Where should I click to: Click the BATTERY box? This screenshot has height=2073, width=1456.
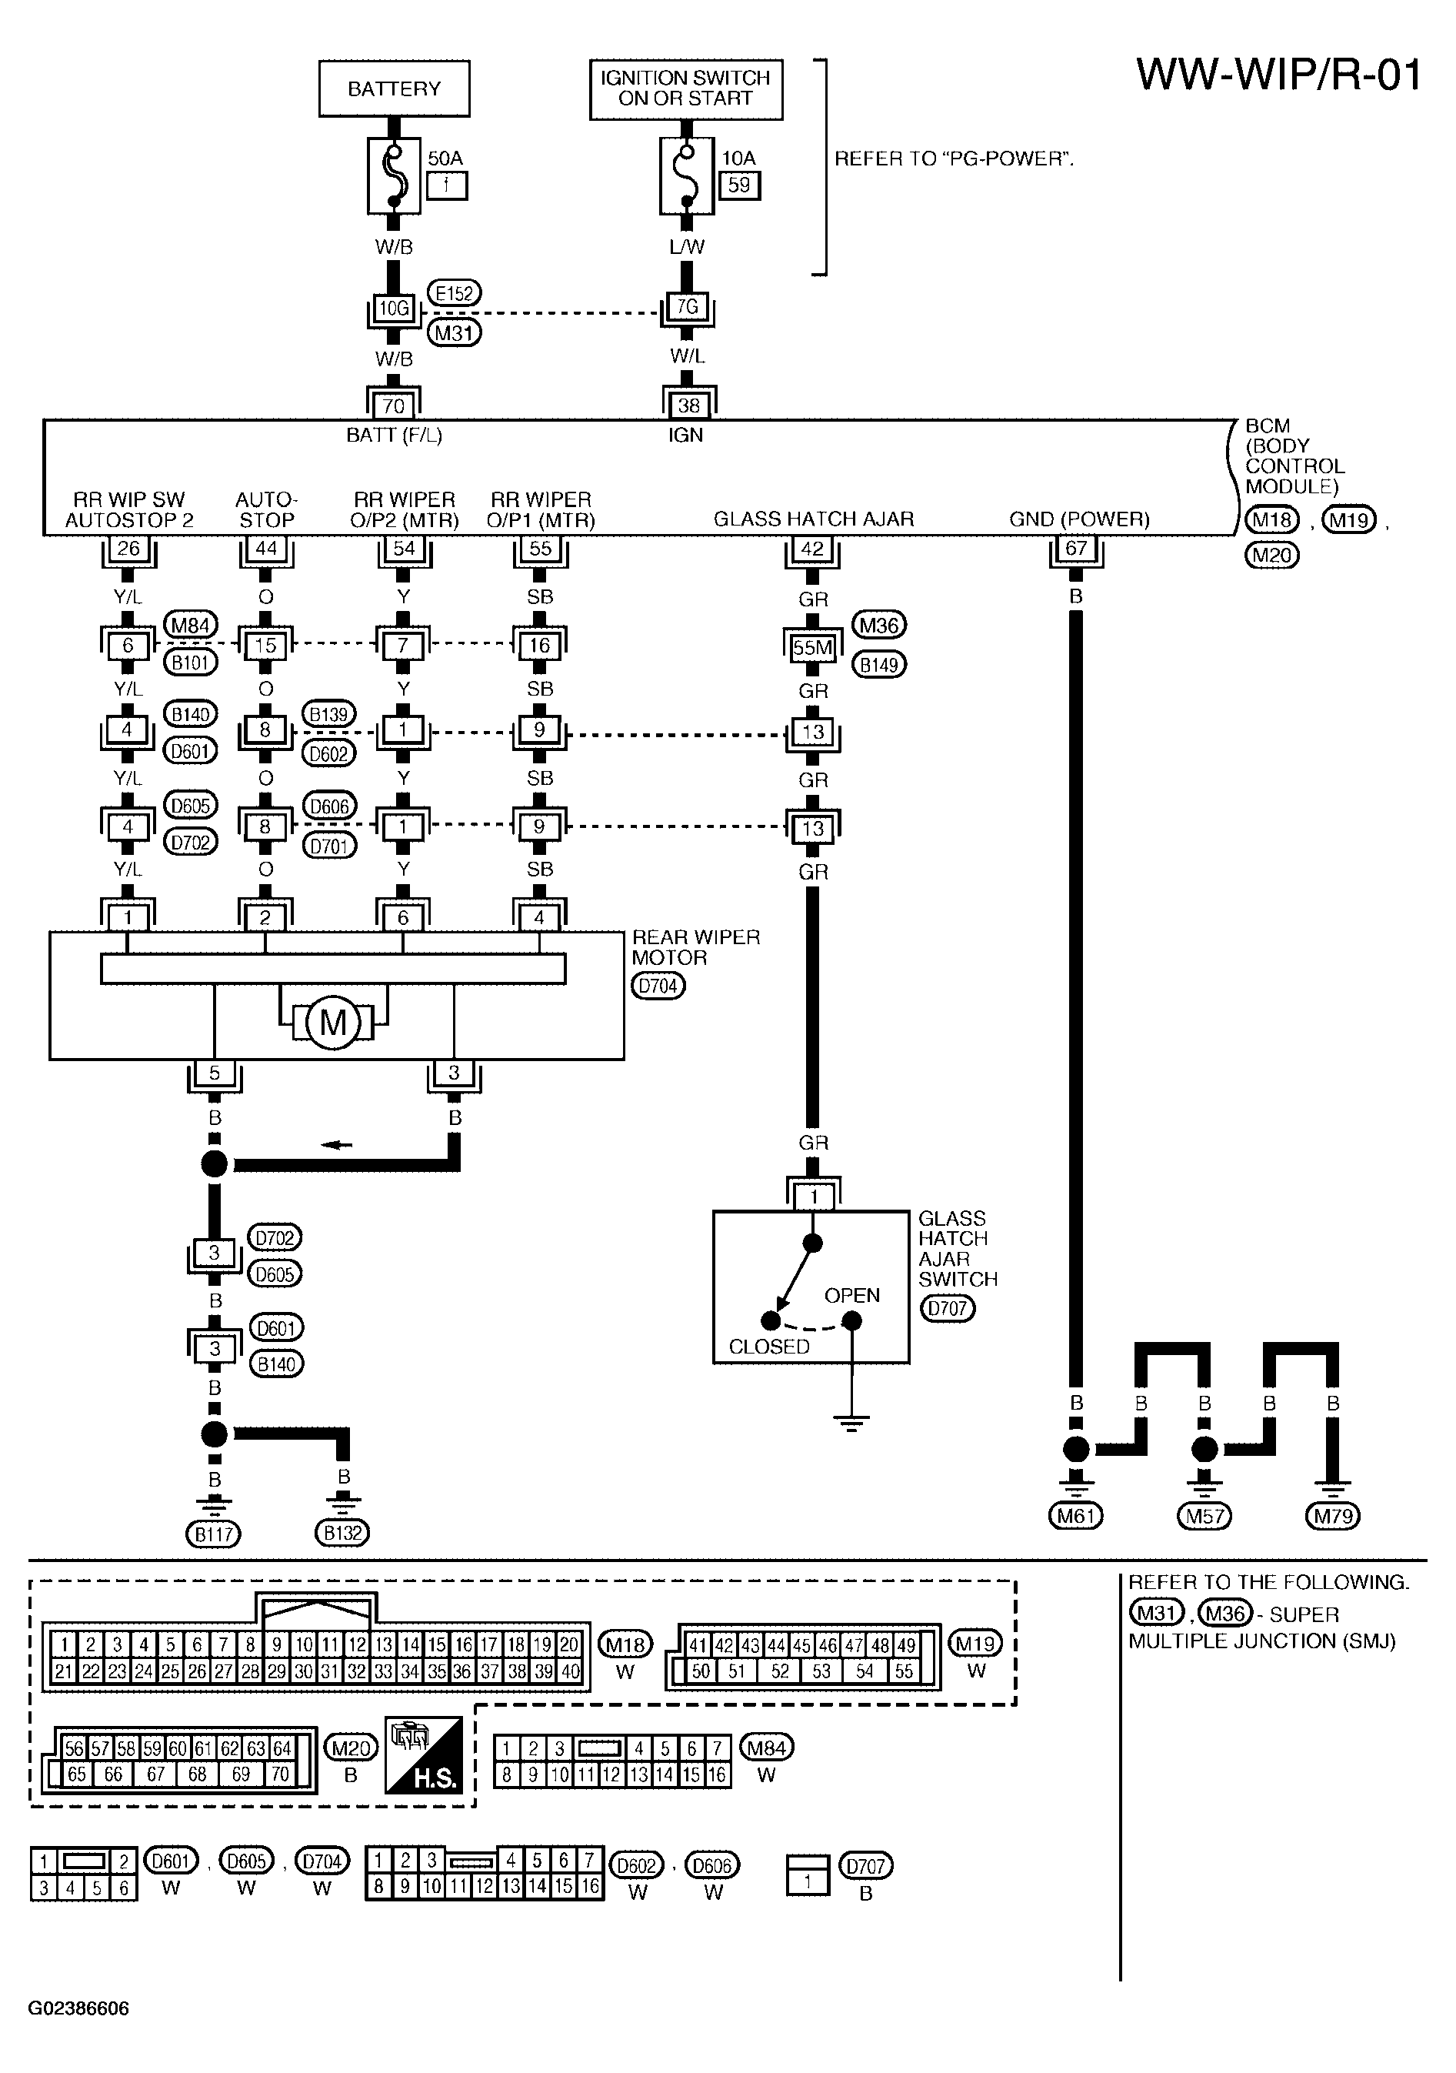[395, 88]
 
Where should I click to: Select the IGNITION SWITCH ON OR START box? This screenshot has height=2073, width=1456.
[686, 89]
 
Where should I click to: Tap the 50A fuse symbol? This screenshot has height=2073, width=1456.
[394, 175]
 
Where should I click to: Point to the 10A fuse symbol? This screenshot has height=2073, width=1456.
[687, 175]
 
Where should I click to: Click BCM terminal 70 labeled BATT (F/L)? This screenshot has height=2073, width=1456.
[394, 406]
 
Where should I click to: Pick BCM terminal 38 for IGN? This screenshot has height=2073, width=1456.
[688, 406]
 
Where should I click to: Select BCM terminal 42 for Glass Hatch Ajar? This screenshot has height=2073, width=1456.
[812, 549]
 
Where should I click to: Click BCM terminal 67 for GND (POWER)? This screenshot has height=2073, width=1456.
[1076, 549]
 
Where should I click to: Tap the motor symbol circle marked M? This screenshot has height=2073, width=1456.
[333, 1023]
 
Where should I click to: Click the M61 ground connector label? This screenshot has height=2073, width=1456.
[1076, 1516]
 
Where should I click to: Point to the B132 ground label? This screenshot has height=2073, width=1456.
[343, 1532]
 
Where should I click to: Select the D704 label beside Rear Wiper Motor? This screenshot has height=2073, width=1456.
[658, 986]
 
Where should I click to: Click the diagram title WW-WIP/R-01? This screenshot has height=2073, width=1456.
[1279, 74]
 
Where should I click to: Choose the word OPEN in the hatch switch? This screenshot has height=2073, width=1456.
[852, 1296]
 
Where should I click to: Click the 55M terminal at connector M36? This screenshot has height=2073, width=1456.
[812, 647]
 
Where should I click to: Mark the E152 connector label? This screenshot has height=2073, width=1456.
[454, 293]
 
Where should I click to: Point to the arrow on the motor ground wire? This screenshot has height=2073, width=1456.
[337, 1146]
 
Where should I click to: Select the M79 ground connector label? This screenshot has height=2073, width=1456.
[1333, 1516]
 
